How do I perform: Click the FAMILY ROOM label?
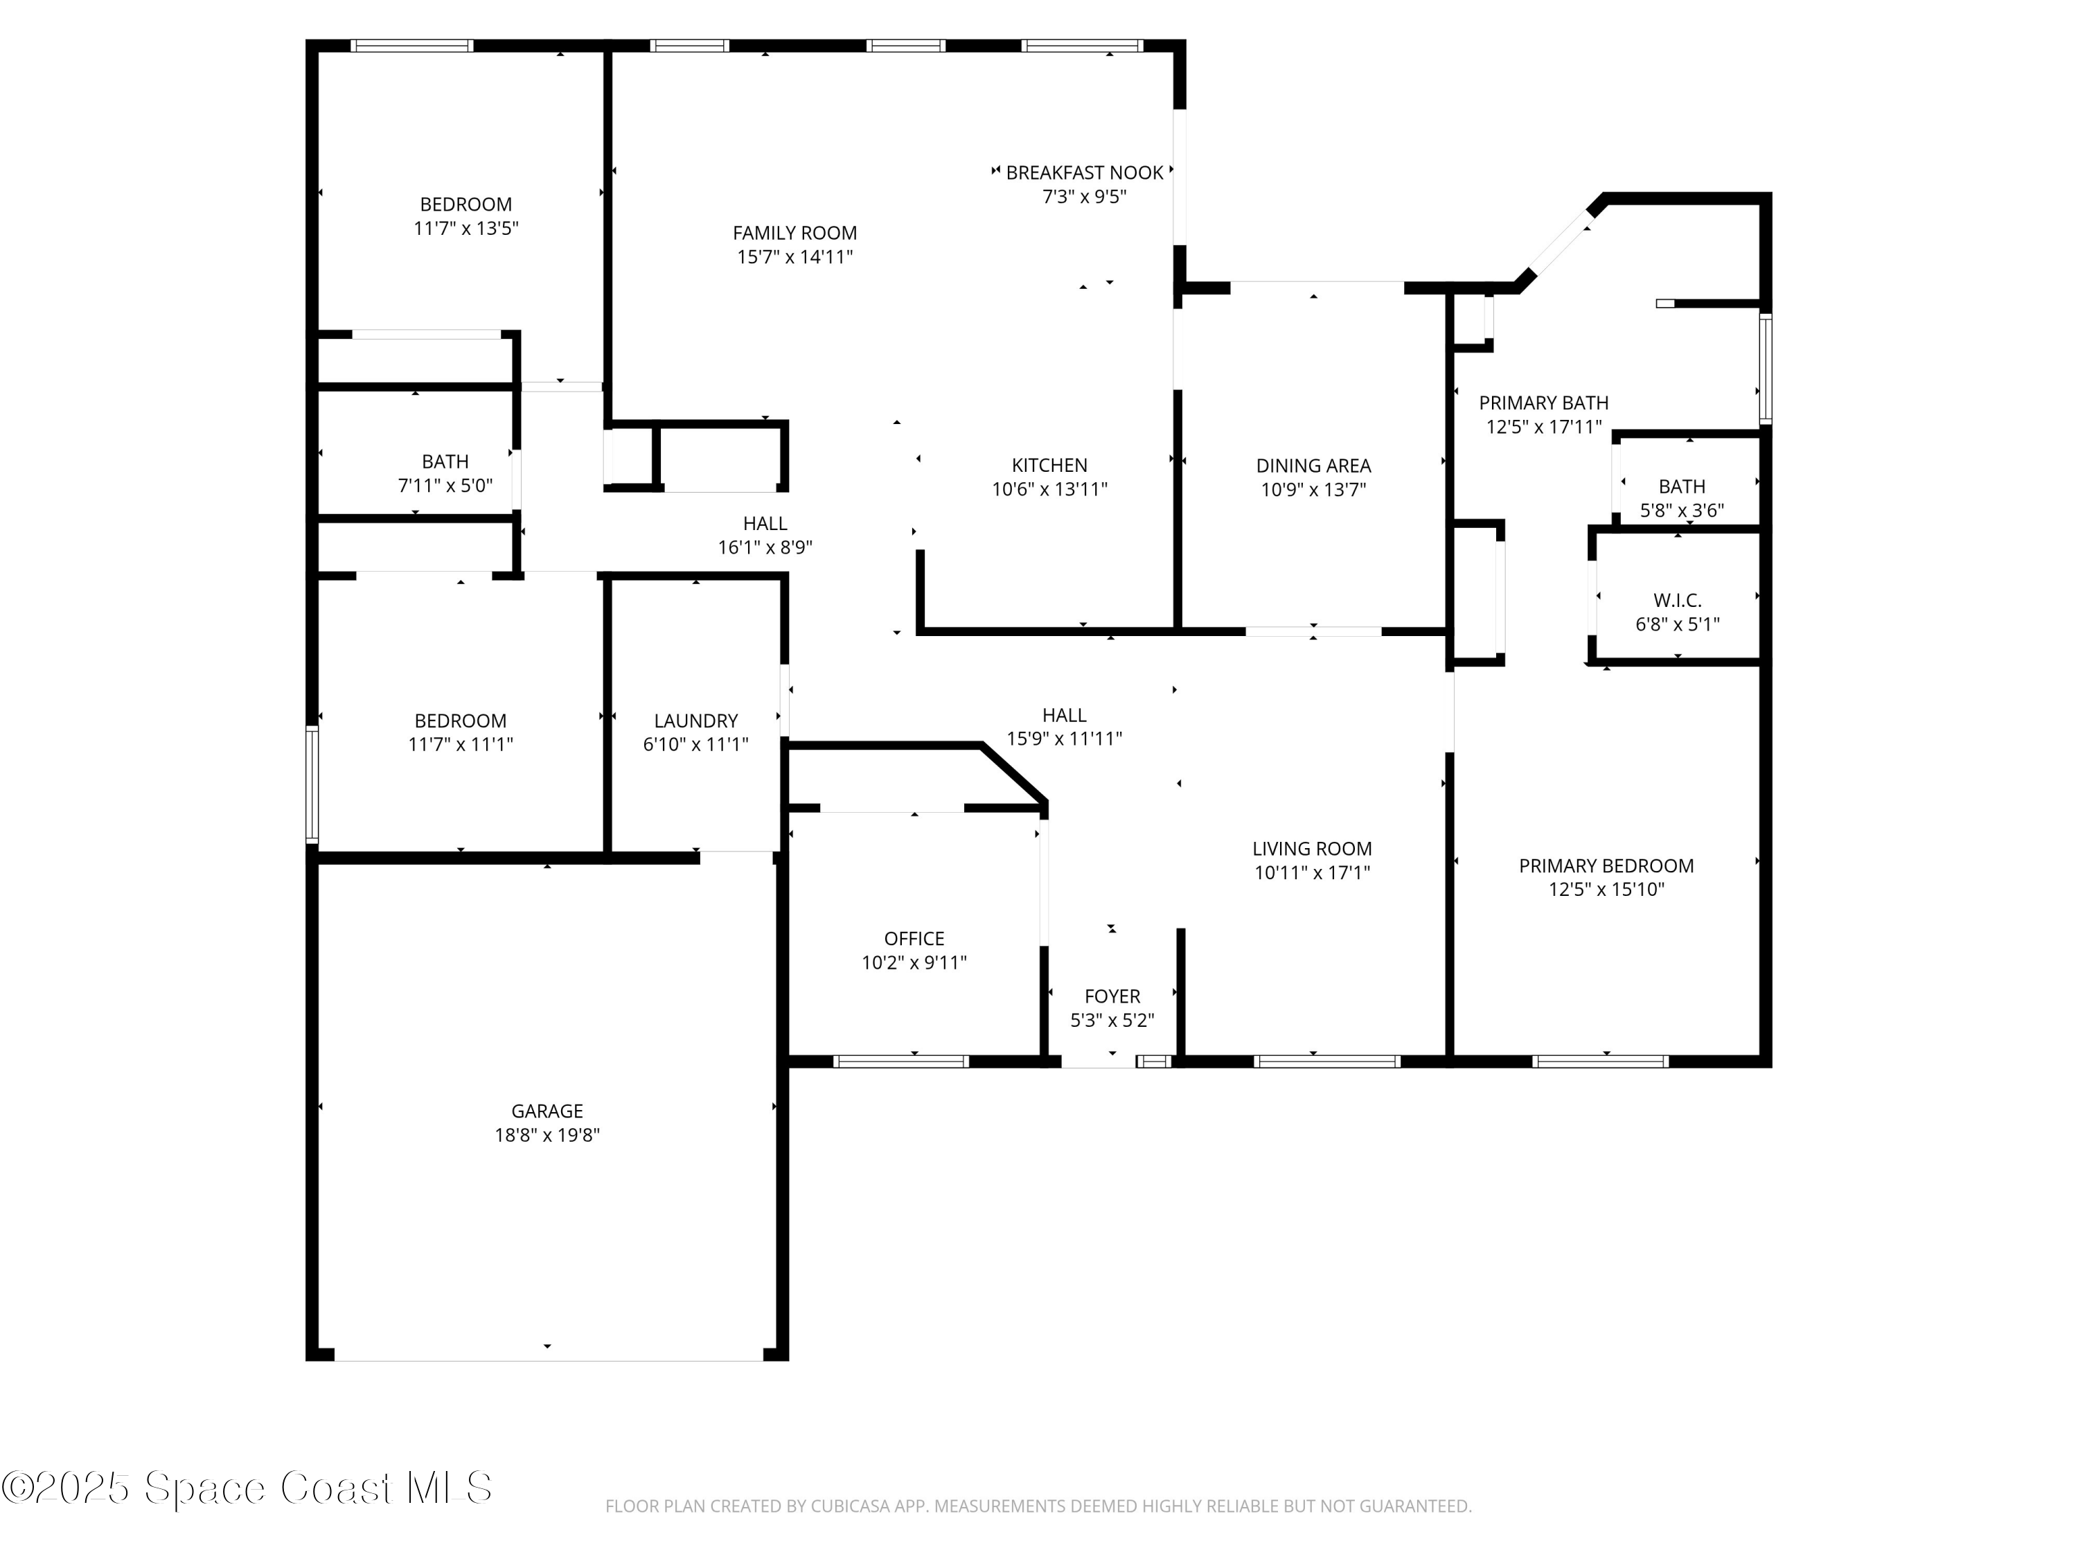(x=794, y=233)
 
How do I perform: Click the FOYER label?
(x=1112, y=996)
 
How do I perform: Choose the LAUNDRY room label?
(x=695, y=721)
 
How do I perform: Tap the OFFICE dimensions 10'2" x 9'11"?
(x=914, y=962)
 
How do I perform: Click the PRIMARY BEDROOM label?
(x=1606, y=865)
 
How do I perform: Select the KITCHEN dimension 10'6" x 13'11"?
(x=1049, y=488)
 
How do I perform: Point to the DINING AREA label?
(x=1313, y=465)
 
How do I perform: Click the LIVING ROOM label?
(x=1311, y=849)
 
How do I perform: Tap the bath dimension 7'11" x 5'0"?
(x=445, y=485)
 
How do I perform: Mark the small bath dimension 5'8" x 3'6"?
(x=1682, y=510)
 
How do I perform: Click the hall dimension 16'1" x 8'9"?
(x=765, y=547)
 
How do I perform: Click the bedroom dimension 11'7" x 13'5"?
(x=466, y=229)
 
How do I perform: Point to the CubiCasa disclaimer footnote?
(x=1038, y=1506)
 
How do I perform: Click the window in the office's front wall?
(x=900, y=1062)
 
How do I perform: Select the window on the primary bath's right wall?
(x=1765, y=369)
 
